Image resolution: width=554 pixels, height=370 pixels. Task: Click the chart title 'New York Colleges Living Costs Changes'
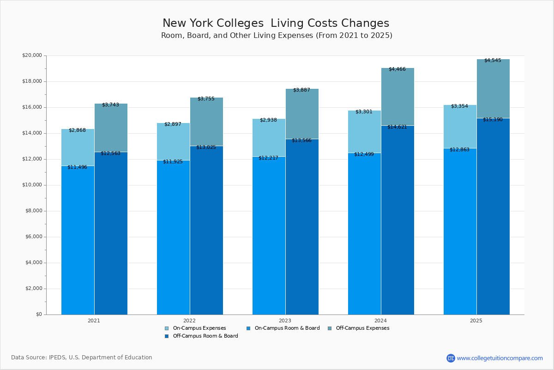[276, 24]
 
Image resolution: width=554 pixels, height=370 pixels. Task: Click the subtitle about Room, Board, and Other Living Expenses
[277, 36]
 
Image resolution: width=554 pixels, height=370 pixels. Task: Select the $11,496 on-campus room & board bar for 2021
[78, 240]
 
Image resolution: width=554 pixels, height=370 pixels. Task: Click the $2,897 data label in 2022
[173, 124]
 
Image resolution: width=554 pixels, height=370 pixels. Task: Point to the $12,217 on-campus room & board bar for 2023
[269, 236]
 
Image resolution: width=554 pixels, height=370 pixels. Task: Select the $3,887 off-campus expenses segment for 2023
[302, 114]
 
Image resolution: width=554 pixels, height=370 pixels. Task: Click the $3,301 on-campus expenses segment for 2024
[364, 132]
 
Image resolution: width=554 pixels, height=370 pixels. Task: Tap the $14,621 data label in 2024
[397, 127]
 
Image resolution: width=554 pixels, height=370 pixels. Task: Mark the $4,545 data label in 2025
[493, 61]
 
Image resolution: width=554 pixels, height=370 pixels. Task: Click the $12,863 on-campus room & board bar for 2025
[460, 231]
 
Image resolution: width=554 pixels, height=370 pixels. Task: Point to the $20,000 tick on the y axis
[32, 55]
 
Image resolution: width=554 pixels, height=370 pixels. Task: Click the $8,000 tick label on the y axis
[33, 211]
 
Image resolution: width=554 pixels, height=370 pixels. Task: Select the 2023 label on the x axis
[285, 321]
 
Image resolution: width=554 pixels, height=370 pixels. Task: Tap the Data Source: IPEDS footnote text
[82, 358]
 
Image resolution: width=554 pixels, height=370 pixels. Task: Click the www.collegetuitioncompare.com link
[500, 358]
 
